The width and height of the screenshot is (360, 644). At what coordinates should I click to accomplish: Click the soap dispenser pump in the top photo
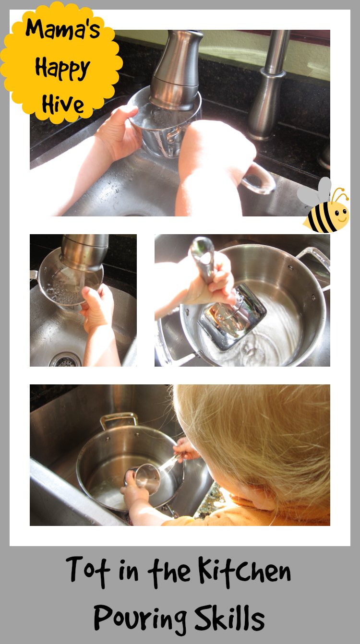click(x=267, y=86)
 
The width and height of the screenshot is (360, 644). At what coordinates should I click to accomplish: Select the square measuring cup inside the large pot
click(x=233, y=316)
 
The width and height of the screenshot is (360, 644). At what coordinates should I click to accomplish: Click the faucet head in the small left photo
click(x=83, y=252)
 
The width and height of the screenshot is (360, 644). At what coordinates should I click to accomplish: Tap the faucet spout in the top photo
click(x=176, y=69)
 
